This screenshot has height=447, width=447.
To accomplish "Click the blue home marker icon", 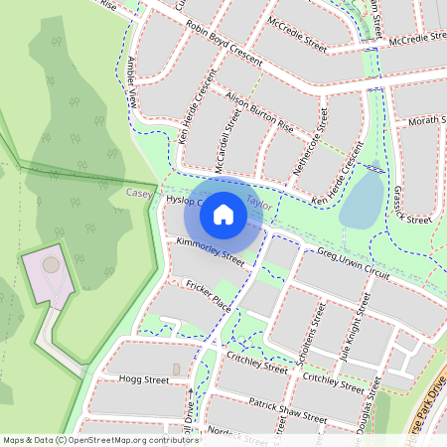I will point(223,215).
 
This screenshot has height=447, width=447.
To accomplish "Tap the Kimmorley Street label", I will point(210,251).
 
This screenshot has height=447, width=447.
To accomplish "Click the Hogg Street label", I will point(144,379).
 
